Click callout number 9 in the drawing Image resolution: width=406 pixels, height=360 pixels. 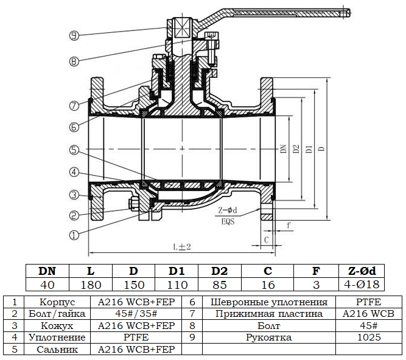click(74, 36)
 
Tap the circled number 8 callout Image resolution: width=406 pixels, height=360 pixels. click(74, 61)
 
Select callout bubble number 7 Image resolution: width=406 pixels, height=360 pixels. click(74, 105)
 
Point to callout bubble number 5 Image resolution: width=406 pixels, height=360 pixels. click(74, 149)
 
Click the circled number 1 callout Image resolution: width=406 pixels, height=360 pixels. click(74, 234)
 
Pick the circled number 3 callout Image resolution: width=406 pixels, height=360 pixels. click(74, 194)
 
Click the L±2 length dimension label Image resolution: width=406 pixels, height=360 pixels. click(181, 246)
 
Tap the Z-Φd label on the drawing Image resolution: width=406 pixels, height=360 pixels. click(226, 211)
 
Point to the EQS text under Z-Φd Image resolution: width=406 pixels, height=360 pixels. click(227, 221)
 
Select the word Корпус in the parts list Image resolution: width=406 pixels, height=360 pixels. click(57, 302)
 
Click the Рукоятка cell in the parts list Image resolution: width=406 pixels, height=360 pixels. click(268, 337)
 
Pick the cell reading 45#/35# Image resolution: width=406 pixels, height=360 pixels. click(135, 314)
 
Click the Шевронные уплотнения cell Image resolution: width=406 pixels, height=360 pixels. click(268, 302)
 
